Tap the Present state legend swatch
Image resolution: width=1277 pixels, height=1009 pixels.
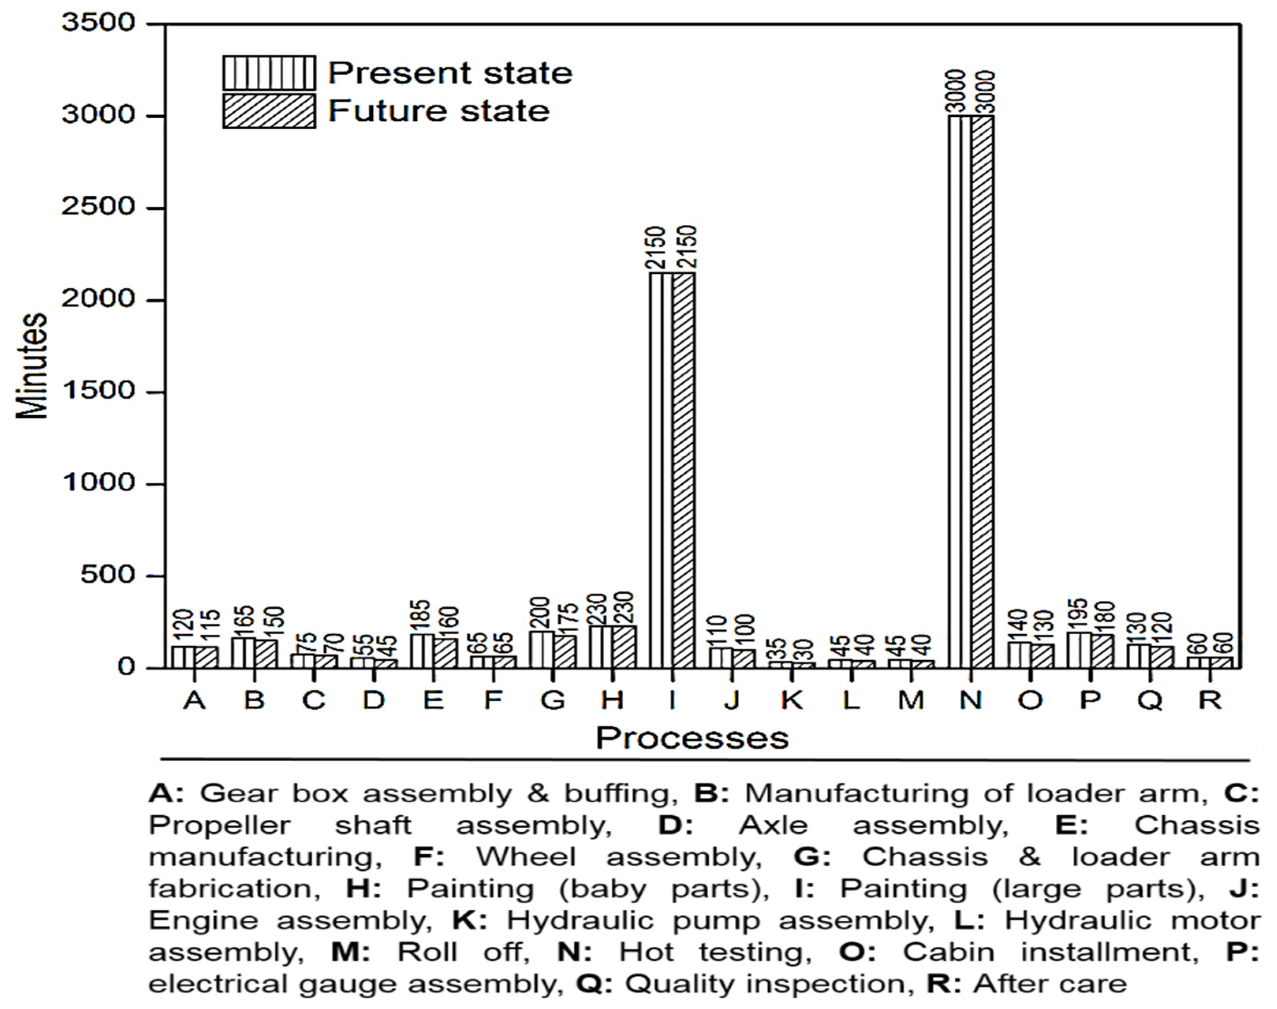(x=269, y=73)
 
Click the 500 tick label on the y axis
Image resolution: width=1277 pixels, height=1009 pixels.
(x=107, y=575)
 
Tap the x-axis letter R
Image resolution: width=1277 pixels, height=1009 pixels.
(x=1210, y=701)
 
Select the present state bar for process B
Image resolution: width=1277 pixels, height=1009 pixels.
(x=243, y=653)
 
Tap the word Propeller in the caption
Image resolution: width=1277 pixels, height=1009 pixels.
(x=219, y=825)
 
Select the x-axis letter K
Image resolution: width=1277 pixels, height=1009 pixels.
(x=792, y=701)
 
